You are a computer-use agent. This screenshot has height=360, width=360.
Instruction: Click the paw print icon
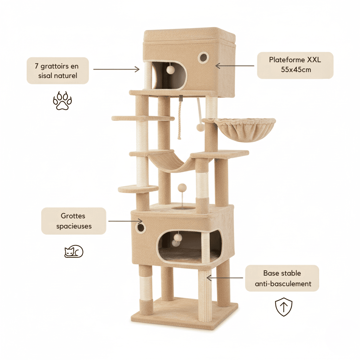(x=63, y=101)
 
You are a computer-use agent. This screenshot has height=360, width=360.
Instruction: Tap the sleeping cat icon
(x=74, y=251)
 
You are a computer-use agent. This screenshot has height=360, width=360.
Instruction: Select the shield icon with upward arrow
(x=283, y=307)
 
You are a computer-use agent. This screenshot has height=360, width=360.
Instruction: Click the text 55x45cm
(x=296, y=70)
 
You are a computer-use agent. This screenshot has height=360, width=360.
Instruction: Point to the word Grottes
(x=73, y=216)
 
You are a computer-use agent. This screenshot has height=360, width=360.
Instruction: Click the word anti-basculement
(x=282, y=284)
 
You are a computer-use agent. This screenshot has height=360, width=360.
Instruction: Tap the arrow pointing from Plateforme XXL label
(x=234, y=66)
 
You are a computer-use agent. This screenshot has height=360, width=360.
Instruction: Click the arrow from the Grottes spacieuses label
(x=125, y=221)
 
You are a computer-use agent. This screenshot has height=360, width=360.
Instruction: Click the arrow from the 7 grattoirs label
(x=116, y=69)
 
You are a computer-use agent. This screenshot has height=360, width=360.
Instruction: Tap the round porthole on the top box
(x=203, y=57)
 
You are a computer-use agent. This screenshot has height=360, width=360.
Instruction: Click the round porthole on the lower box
(x=141, y=227)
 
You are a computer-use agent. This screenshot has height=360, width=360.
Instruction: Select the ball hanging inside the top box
(x=171, y=70)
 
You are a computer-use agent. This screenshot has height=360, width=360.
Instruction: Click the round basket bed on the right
(x=245, y=129)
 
